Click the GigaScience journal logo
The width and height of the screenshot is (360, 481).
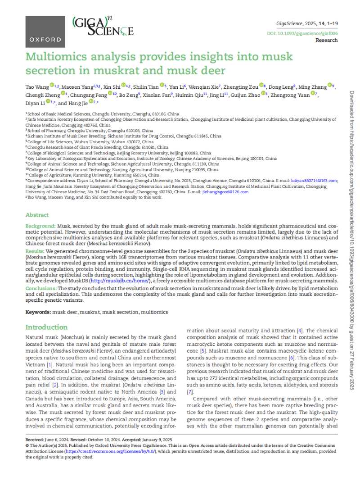tap(103, 26)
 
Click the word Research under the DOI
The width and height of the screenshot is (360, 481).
tap(327, 40)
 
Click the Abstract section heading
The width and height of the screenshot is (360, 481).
tap(37, 215)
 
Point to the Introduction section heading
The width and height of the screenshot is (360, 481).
tap(46, 327)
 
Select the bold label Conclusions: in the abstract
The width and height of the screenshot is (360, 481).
tap(41, 288)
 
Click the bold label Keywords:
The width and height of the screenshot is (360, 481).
tap(38, 312)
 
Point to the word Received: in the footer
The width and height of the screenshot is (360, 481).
tap(36, 439)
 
